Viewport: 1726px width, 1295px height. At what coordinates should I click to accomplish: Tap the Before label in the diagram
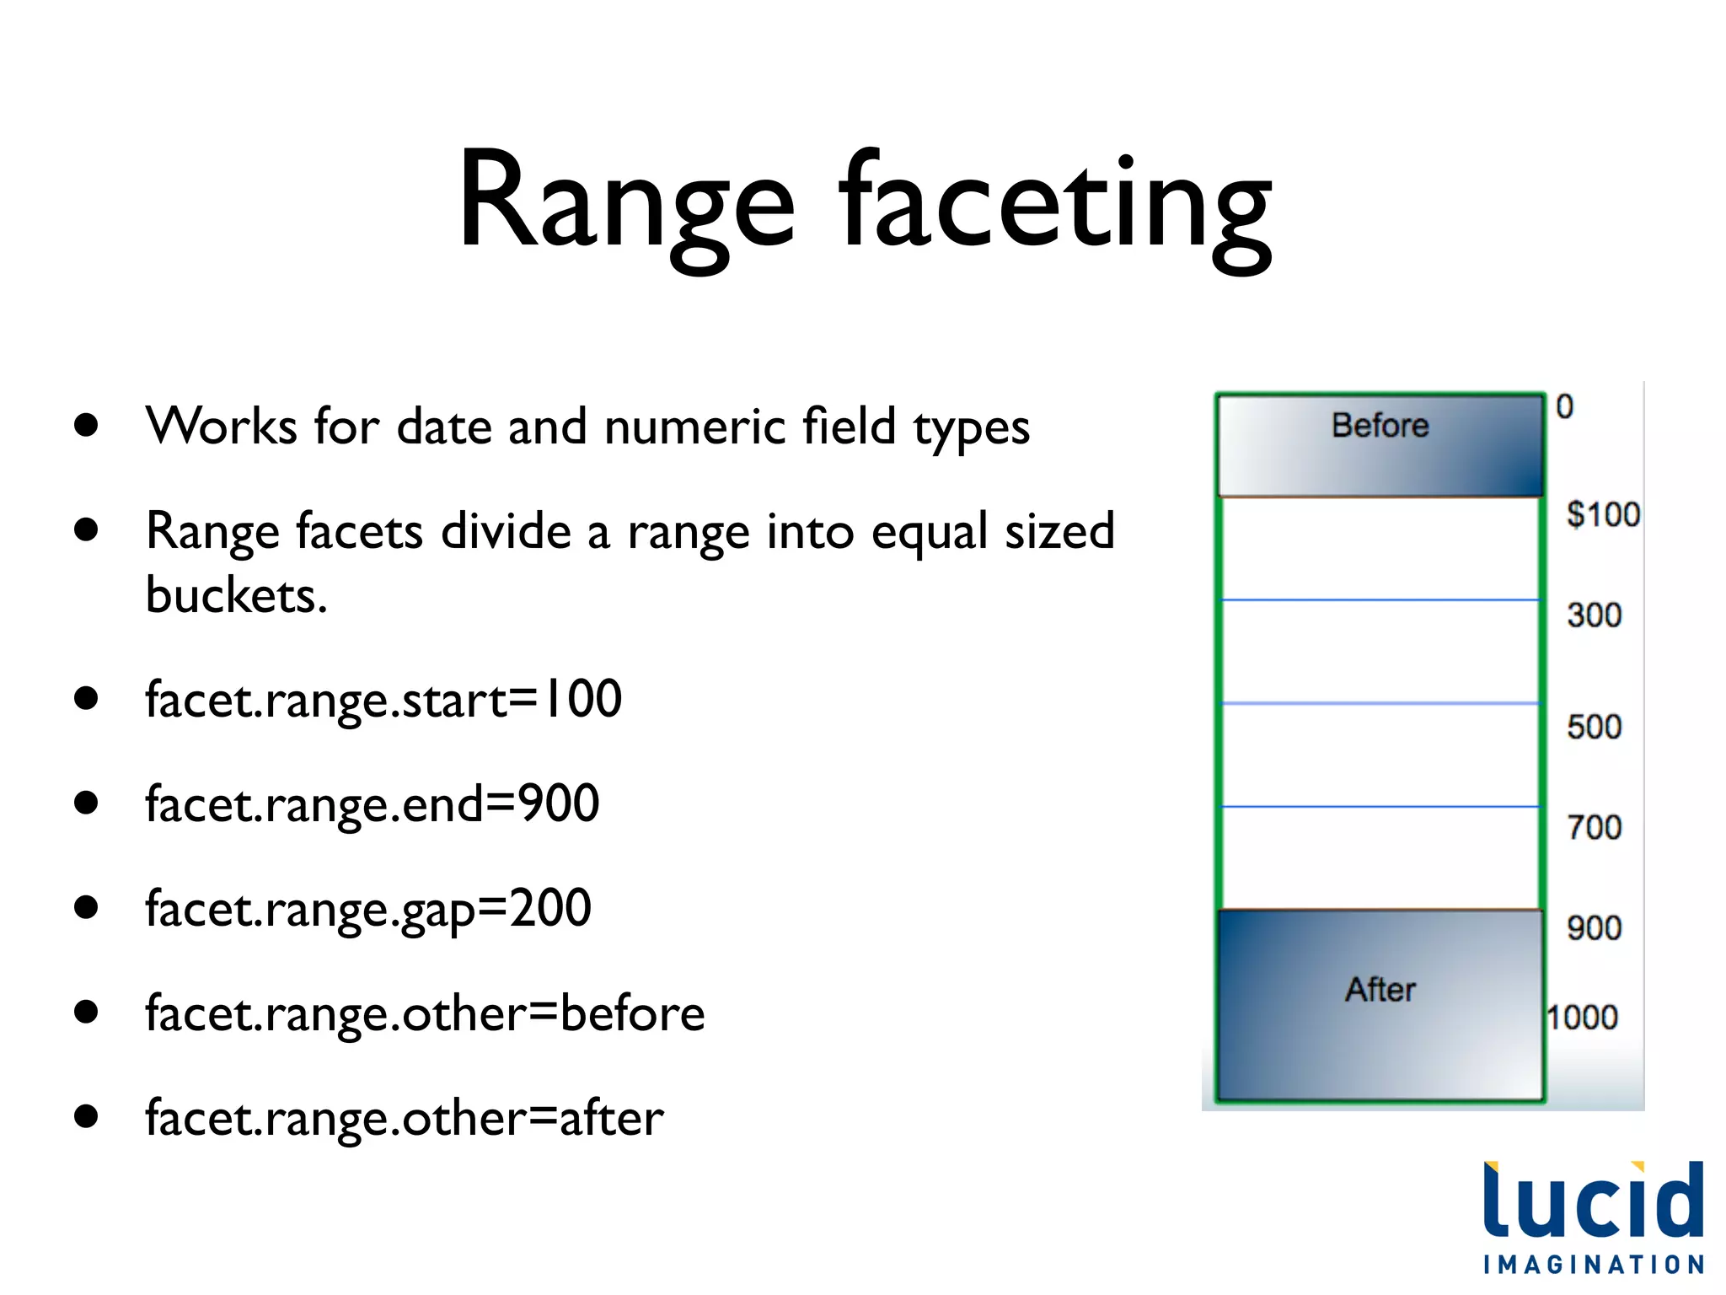click(1380, 426)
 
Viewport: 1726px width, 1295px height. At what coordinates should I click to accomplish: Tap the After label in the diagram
click(1380, 990)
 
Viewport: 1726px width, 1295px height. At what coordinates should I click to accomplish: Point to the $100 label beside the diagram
click(1603, 514)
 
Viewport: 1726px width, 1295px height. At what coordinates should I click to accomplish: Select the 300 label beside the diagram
click(1594, 615)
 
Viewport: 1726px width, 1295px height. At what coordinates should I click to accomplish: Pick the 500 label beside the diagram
click(1594, 727)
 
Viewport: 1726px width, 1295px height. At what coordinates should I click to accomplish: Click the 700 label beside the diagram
click(1594, 828)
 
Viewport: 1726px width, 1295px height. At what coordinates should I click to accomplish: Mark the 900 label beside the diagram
click(1594, 928)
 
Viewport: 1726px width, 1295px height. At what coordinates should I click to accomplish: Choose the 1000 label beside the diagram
click(1582, 1018)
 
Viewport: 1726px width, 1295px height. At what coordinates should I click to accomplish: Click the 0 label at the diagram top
click(1564, 407)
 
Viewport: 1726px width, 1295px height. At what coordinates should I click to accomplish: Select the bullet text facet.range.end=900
click(372, 804)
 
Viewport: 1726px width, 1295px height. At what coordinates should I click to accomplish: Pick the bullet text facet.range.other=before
click(425, 1013)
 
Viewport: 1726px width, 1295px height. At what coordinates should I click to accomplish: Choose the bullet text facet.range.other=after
click(405, 1119)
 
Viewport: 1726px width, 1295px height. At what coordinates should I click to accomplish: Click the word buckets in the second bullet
click(236, 595)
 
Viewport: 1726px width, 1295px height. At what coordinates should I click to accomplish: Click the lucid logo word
click(1593, 1201)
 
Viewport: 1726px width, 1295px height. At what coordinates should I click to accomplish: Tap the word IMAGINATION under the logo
click(1593, 1265)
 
